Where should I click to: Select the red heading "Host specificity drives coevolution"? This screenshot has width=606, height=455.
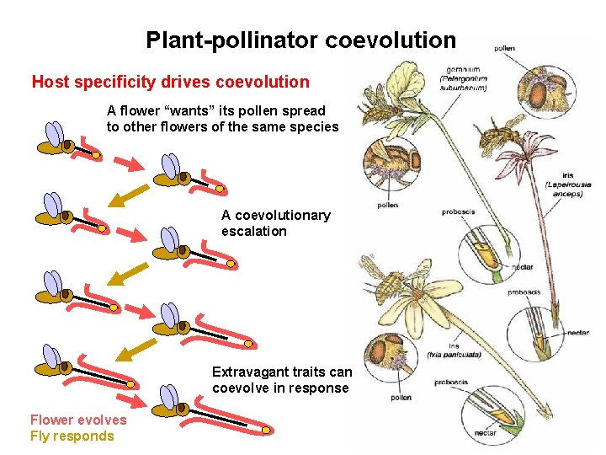coord(170,83)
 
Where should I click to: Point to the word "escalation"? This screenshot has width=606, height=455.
coord(254,231)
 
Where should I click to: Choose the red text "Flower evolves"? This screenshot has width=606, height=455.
coord(78,420)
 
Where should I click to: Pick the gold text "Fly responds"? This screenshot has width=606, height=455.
coord(72,436)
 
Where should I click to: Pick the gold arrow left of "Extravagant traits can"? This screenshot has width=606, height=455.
coord(136,347)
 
